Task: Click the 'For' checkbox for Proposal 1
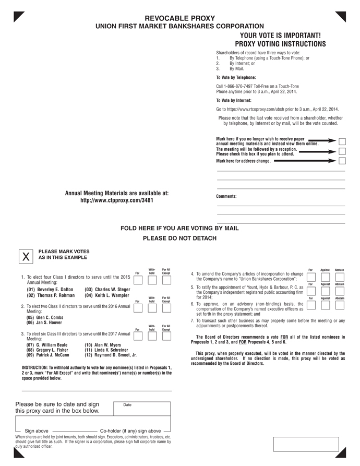click(138, 280)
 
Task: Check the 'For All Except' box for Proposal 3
click(166, 335)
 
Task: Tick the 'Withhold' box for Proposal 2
click(152, 308)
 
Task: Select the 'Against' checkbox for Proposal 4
click(326, 277)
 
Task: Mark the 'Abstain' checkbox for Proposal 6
click(340, 305)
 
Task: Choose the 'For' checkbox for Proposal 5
click(311, 291)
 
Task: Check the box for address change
click(342, 161)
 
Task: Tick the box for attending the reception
click(342, 151)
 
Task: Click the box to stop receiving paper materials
click(342, 141)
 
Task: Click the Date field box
click(142, 409)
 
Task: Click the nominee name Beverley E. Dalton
click(50, 289)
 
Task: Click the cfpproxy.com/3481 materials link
click(116, 200)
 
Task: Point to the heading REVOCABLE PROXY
click(179, 18)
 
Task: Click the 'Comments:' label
click(226, 196)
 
